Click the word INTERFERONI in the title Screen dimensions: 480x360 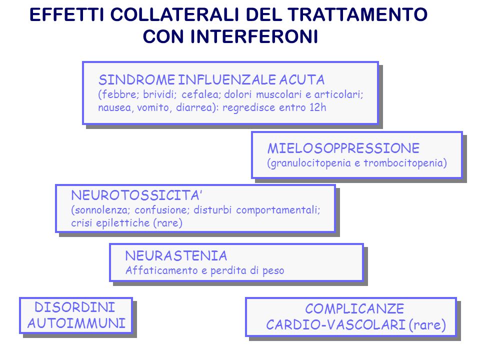tap(254, 36)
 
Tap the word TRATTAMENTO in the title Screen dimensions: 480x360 tap(357, 14)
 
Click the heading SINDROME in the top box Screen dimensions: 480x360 tap(136, 80)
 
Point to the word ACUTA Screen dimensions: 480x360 tap(301, 80)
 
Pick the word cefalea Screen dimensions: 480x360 tap(201, 94)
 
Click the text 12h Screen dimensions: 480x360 tap(318, 107)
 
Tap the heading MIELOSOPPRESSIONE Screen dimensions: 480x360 tap(343, 148)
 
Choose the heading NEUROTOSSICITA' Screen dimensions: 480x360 tap(136, 195)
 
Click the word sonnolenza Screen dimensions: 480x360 tap(102, 210)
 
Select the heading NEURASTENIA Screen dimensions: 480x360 tap(176, 256)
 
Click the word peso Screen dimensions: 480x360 tap(273, 271)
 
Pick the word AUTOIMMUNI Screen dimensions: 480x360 tap(76, 323)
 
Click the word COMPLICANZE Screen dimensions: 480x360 tap(354, 308)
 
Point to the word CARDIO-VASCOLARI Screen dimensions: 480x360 tap(336, 325)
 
